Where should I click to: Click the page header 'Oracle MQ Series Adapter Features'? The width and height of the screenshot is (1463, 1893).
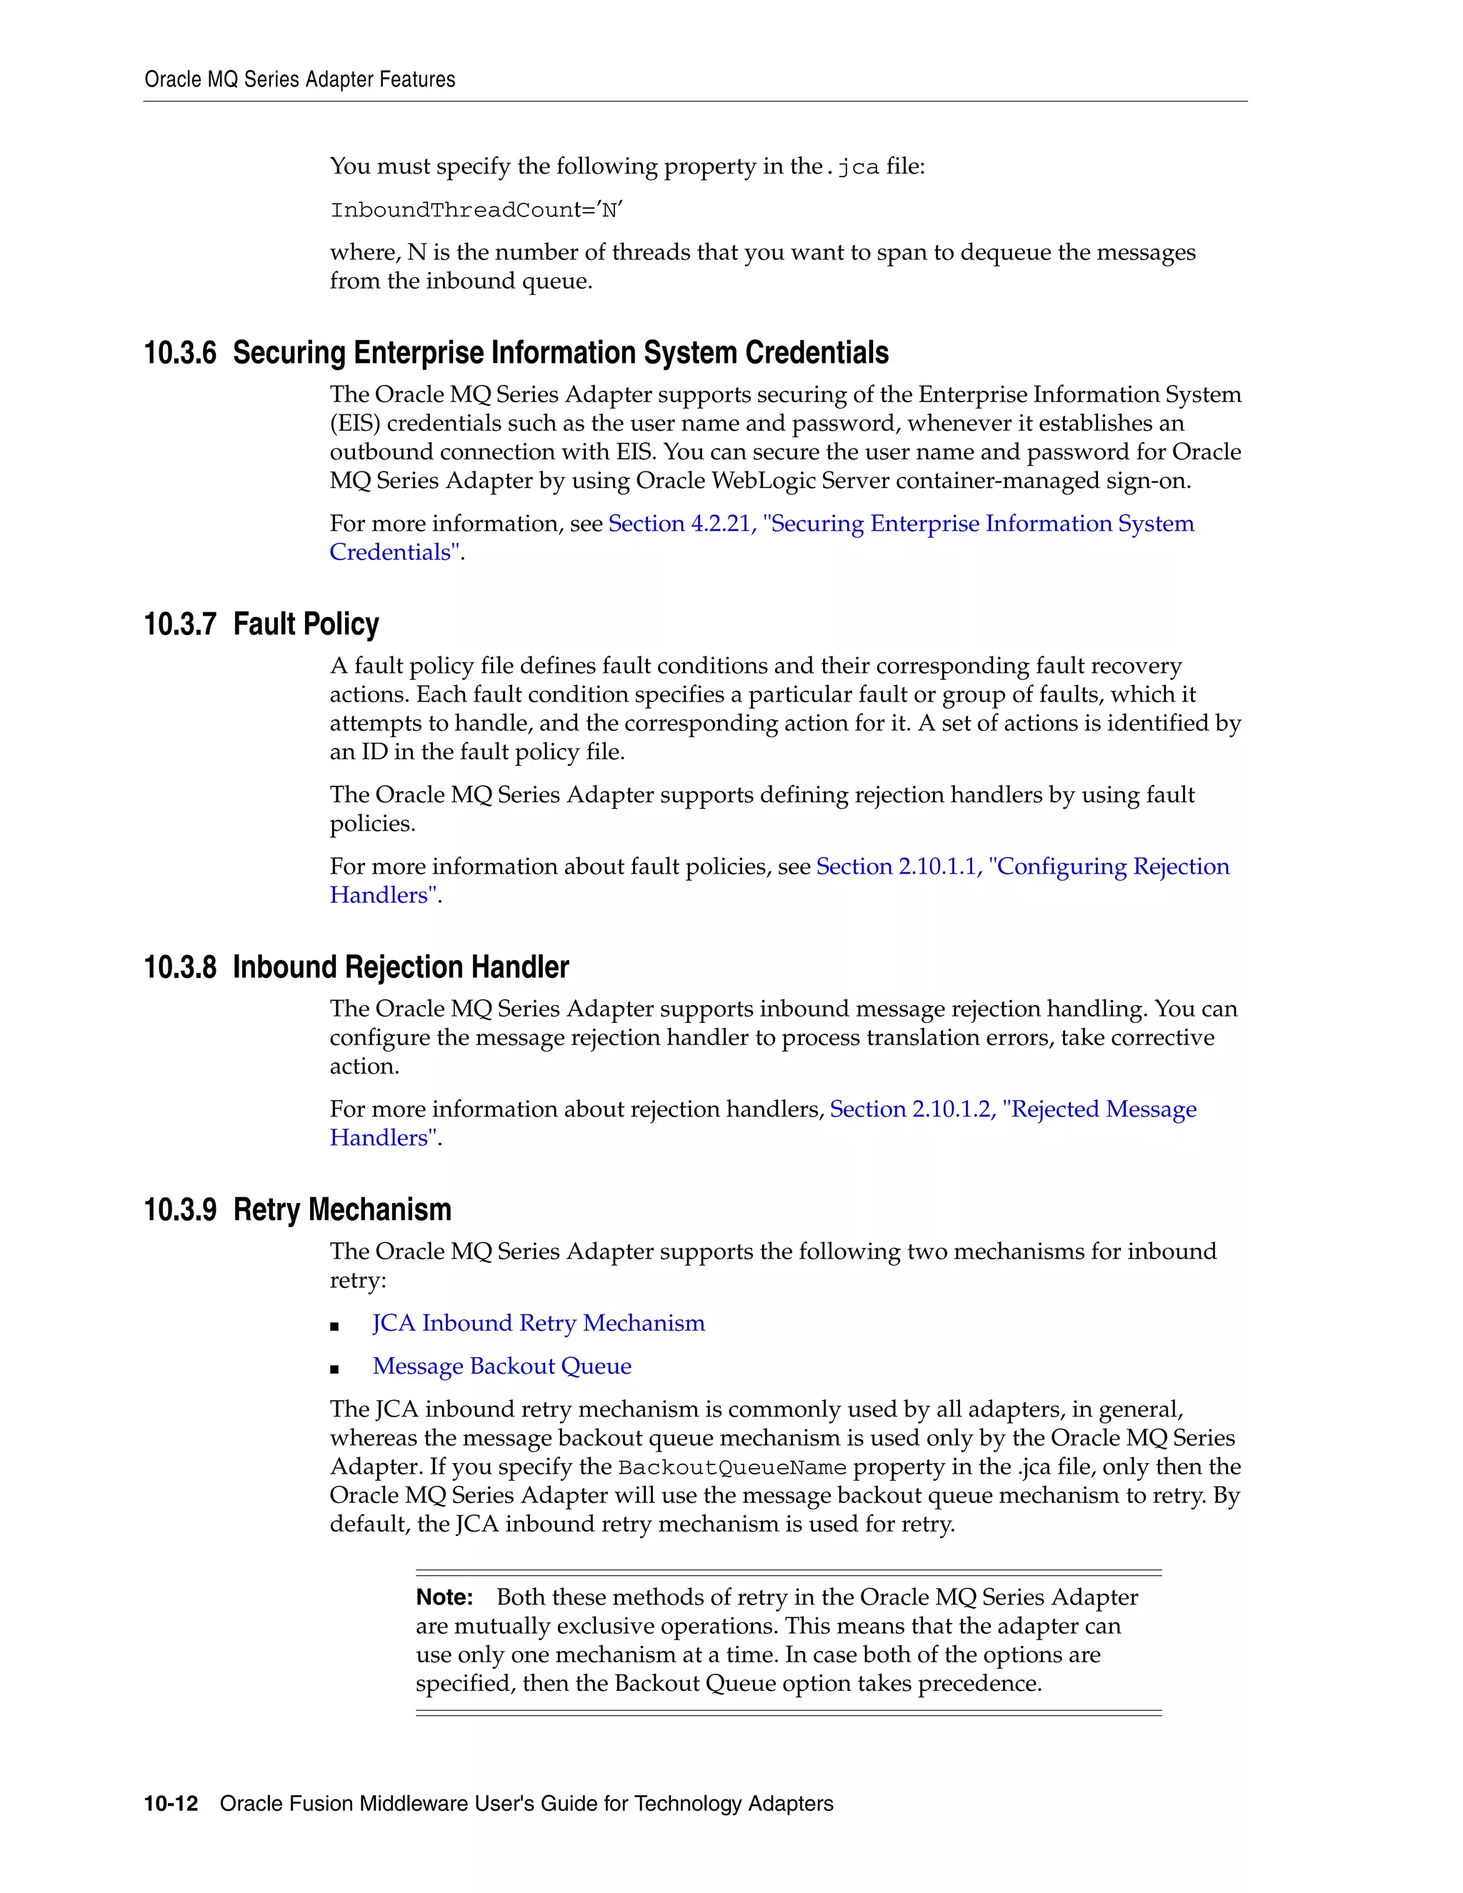(299, 80)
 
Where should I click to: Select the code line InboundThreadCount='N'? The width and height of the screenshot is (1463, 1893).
(476, 211)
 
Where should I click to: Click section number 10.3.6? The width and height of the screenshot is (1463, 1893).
(180, 353)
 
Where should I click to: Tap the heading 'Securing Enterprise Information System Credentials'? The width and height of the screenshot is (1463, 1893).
(561, 353)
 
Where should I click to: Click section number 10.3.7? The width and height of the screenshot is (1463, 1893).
(180, 624)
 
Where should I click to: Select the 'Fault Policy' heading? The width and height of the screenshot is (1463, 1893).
(306, 624)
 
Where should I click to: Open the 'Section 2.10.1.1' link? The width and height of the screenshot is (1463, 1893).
(898, 866)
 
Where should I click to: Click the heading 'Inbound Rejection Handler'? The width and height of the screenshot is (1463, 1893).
(401, 967)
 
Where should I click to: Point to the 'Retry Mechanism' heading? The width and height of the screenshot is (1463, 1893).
(342, 1210)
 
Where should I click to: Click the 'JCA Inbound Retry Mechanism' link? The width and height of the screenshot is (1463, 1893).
(538, 1324)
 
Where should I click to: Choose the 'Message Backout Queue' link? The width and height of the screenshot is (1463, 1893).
(501, 1366)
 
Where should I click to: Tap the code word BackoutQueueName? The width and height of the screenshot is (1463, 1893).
(732, 1468)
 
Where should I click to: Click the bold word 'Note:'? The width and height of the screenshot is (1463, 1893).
(444, 1597)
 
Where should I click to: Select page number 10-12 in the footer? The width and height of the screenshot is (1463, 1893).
(171, 1804)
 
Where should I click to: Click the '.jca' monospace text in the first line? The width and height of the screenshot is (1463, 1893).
(854, 167)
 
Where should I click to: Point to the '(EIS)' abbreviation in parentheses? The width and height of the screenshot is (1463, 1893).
(355, 424)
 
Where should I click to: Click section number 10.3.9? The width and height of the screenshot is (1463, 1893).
(180, 1210)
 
